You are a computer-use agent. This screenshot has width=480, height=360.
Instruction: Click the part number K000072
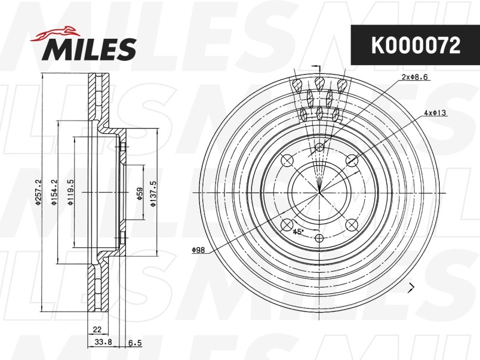pos(416,45)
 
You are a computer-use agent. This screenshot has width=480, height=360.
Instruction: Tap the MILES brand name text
pos(89,49)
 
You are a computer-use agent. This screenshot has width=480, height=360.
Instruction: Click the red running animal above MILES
pos(55,33)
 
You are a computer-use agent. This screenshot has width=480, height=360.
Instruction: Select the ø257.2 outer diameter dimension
pos(38,192)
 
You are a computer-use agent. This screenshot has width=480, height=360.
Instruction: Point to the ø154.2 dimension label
pos(54,192)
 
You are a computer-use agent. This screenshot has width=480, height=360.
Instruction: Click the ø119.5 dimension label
pos(70,192)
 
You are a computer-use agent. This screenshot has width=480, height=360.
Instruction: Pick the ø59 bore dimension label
pos(140,193)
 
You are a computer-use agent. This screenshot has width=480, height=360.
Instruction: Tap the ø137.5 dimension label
pos(153,193)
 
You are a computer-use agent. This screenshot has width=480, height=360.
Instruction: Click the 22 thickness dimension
pos(97,330)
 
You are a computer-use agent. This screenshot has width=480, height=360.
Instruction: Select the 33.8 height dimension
pos(103,342)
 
